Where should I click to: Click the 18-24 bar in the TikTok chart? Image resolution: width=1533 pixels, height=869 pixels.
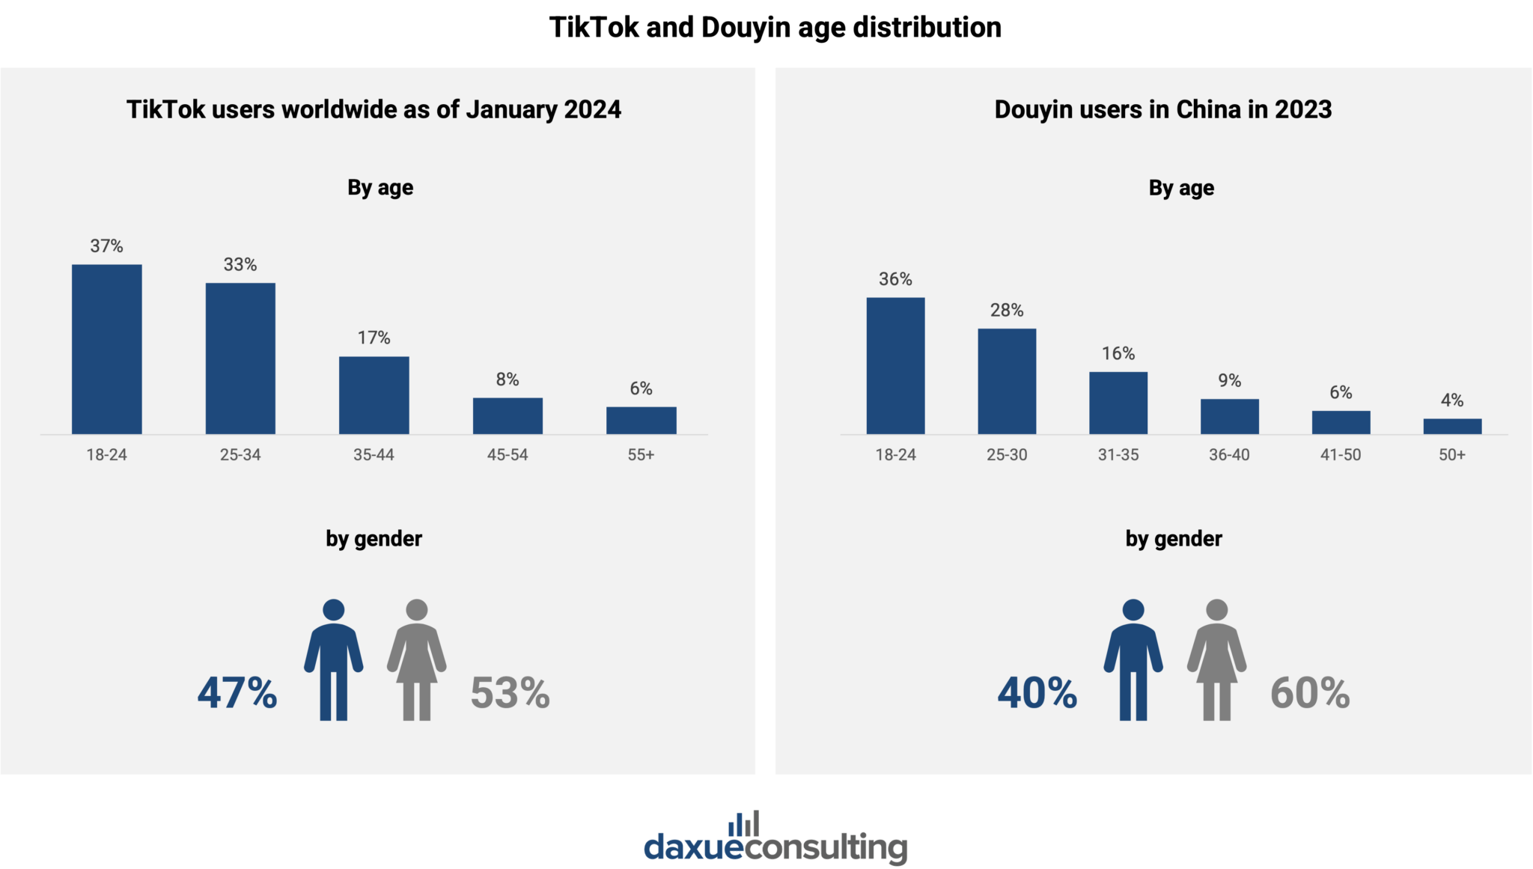[x=106, y=349]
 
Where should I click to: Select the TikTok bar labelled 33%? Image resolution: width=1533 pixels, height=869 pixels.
[x=240, y=358]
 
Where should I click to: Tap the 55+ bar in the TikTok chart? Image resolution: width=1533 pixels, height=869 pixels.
[x=641, y=420]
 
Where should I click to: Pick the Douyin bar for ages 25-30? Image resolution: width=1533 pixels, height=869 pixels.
[x=1007, y=381]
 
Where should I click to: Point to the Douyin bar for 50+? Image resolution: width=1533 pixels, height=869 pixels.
[x=1451, y=426]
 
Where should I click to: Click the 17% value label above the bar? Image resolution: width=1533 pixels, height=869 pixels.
[x=374, y=338]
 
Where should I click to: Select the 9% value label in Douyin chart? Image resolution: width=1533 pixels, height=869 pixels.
[x=1229, y=380]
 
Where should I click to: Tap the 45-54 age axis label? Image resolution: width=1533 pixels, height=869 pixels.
[x=508, y=454]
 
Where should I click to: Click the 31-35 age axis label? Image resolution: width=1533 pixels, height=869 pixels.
[x=1118, y=454]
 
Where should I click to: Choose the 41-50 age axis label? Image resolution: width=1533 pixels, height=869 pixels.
[x=1340, y=454]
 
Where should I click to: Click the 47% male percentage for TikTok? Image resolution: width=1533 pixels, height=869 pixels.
[x=237, y=692]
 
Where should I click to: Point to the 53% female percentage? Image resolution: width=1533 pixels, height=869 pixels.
[x=510, y=692]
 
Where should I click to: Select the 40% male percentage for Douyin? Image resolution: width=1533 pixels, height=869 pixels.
[x=1037, y=692]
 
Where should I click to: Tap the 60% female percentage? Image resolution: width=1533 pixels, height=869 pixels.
[x=1310, y=692]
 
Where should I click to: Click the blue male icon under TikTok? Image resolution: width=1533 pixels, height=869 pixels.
[x=333, y=659]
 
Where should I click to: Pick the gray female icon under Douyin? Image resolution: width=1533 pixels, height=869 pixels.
[x=1216, y=659]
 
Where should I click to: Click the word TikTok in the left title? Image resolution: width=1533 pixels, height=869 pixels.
[x=165, y=109]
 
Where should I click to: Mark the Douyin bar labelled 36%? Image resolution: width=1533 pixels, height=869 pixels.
[x=895, y=365]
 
